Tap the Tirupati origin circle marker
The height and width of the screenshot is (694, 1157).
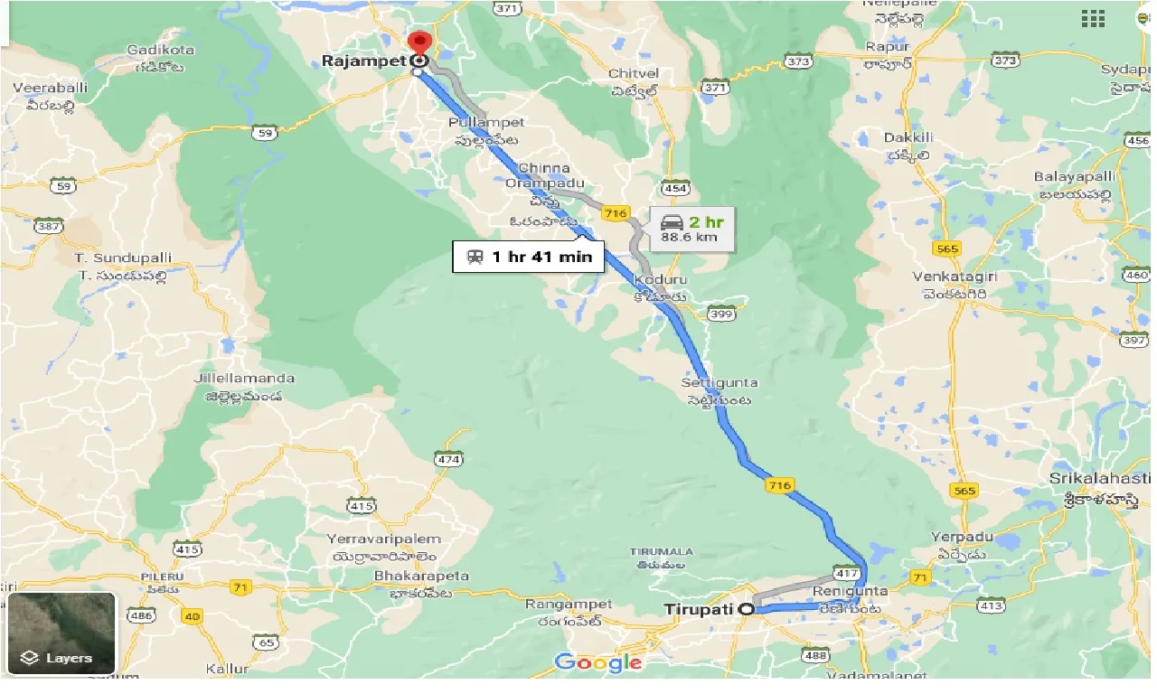click(x=747, y=609)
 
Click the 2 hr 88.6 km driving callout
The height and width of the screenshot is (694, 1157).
click(x=692, y=229)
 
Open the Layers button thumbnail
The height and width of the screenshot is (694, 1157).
click(x=61, y=633)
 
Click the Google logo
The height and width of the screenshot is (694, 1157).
click(x=598, y=662)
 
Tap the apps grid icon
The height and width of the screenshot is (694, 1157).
click(x=1093, y=18)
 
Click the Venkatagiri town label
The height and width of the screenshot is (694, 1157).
click(x=959, y=277)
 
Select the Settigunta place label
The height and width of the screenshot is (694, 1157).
click(x=720, y=383)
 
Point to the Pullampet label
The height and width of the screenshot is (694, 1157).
click(x=486, y=122)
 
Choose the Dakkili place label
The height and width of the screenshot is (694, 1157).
click(x=906, y=137)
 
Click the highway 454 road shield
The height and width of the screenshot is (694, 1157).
click(x=674, y=189)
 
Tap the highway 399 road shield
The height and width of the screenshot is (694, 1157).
click(x=720, y=314)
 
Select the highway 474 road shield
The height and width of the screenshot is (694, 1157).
click(x=448, y=460)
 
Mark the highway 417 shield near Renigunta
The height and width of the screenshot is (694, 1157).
click(x=845, y=574)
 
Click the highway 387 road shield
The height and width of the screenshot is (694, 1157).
click(x=48, y=226)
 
